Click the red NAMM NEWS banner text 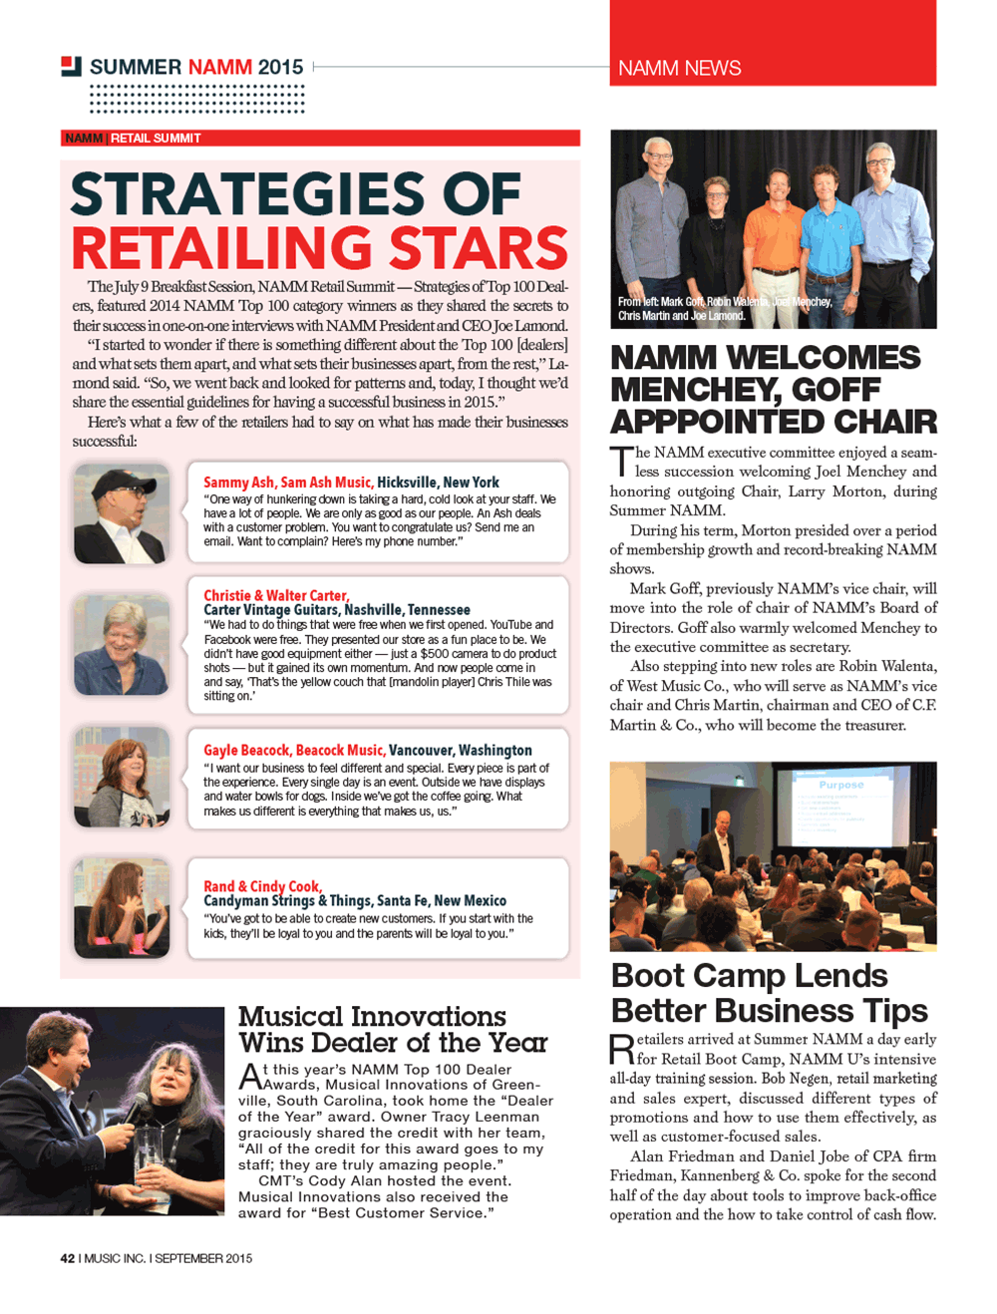tap(679, 68)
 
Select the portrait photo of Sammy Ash tap(121, 514)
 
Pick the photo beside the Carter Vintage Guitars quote tap(121, 645)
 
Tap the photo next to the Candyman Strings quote tap(121, 908)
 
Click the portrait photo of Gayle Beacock tap(121, 777)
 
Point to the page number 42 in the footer tap(67, 1258)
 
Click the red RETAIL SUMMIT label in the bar tap(156, 139)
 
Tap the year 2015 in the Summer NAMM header tap(280, 67)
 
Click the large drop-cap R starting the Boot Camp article tap(621, 1050)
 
